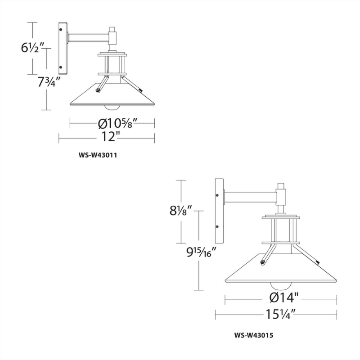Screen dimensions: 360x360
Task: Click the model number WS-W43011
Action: [98, 156]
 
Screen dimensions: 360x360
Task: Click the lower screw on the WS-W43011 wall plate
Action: [60, 67]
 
